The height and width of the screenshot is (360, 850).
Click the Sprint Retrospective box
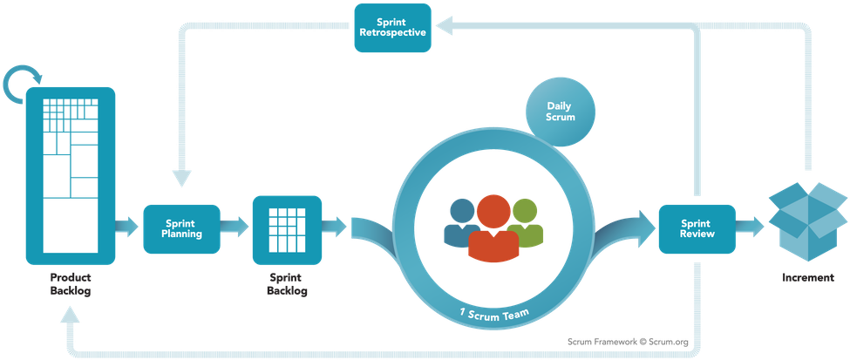click(x=392, y=28)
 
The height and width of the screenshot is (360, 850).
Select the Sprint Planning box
click(x=182, y=228)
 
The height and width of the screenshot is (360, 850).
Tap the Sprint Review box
click(x=697, y=228)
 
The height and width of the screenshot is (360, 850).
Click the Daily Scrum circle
click(x=561, y=111)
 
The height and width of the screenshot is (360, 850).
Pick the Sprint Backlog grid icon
click(x=287, y=229)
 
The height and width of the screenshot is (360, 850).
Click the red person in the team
click(x=493, y=228)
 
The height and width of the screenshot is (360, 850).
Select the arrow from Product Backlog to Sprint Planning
click(x=126, y=228)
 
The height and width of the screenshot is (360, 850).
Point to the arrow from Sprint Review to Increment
click(x=750, y=228)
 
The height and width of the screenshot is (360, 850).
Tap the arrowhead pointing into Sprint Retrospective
click(x=444, y=28)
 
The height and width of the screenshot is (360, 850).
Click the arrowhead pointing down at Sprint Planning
click(x=182, y=178)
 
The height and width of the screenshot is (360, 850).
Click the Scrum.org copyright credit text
click(x=628, y=342)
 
